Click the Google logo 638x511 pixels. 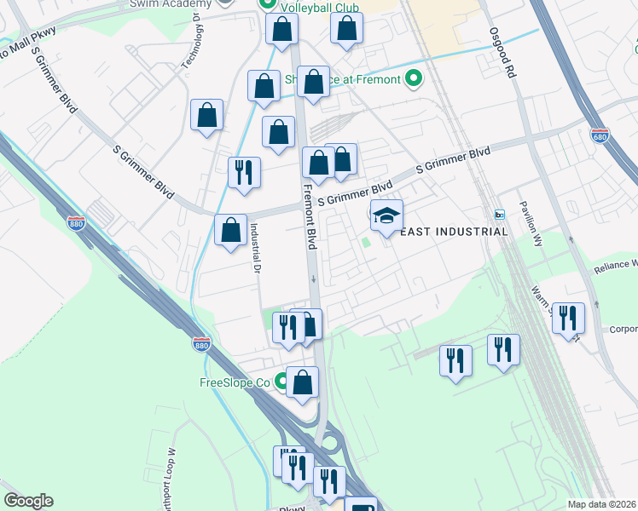(x=28, y=501)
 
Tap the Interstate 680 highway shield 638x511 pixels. (x=599, y=135)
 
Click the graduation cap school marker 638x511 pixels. (x=386, y=215)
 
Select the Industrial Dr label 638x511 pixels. (x=254, y=247)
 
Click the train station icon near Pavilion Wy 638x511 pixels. (x=500, y=214)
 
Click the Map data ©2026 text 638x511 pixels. (x=601, y=504)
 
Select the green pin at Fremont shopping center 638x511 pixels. (x=414, y=81)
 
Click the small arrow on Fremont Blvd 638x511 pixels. (x=313, y=278)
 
